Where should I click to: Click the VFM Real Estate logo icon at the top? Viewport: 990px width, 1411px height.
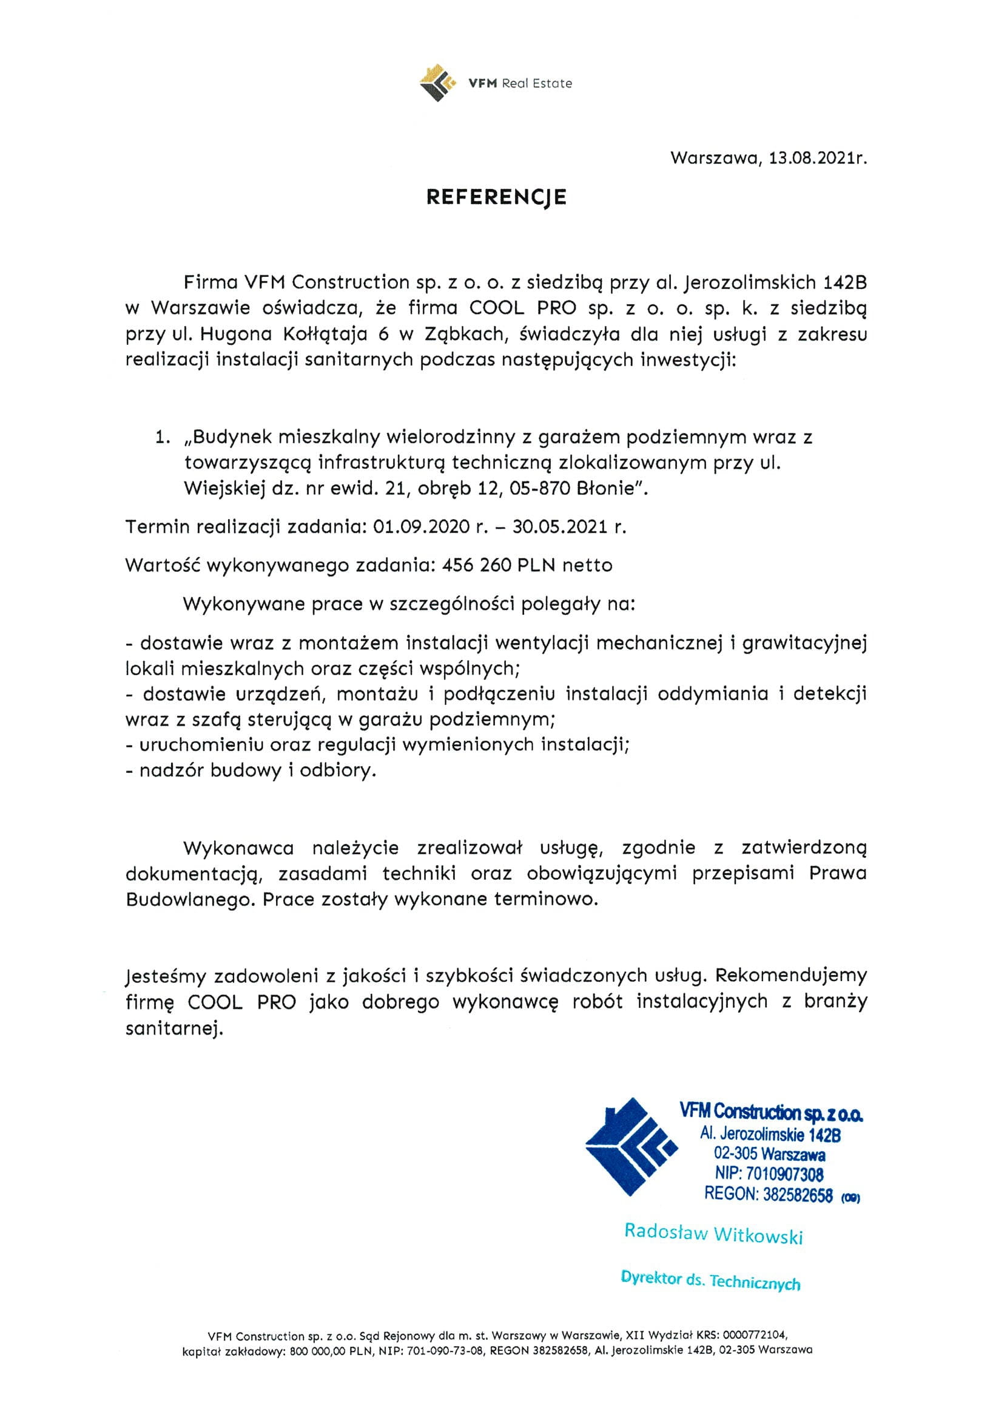click(437, 83)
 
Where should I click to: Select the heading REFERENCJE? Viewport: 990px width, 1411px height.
click(496, 197)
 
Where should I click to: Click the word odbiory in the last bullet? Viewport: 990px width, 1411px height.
click(337, 770)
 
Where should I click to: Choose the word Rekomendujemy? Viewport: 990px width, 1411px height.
click(791, 976)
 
